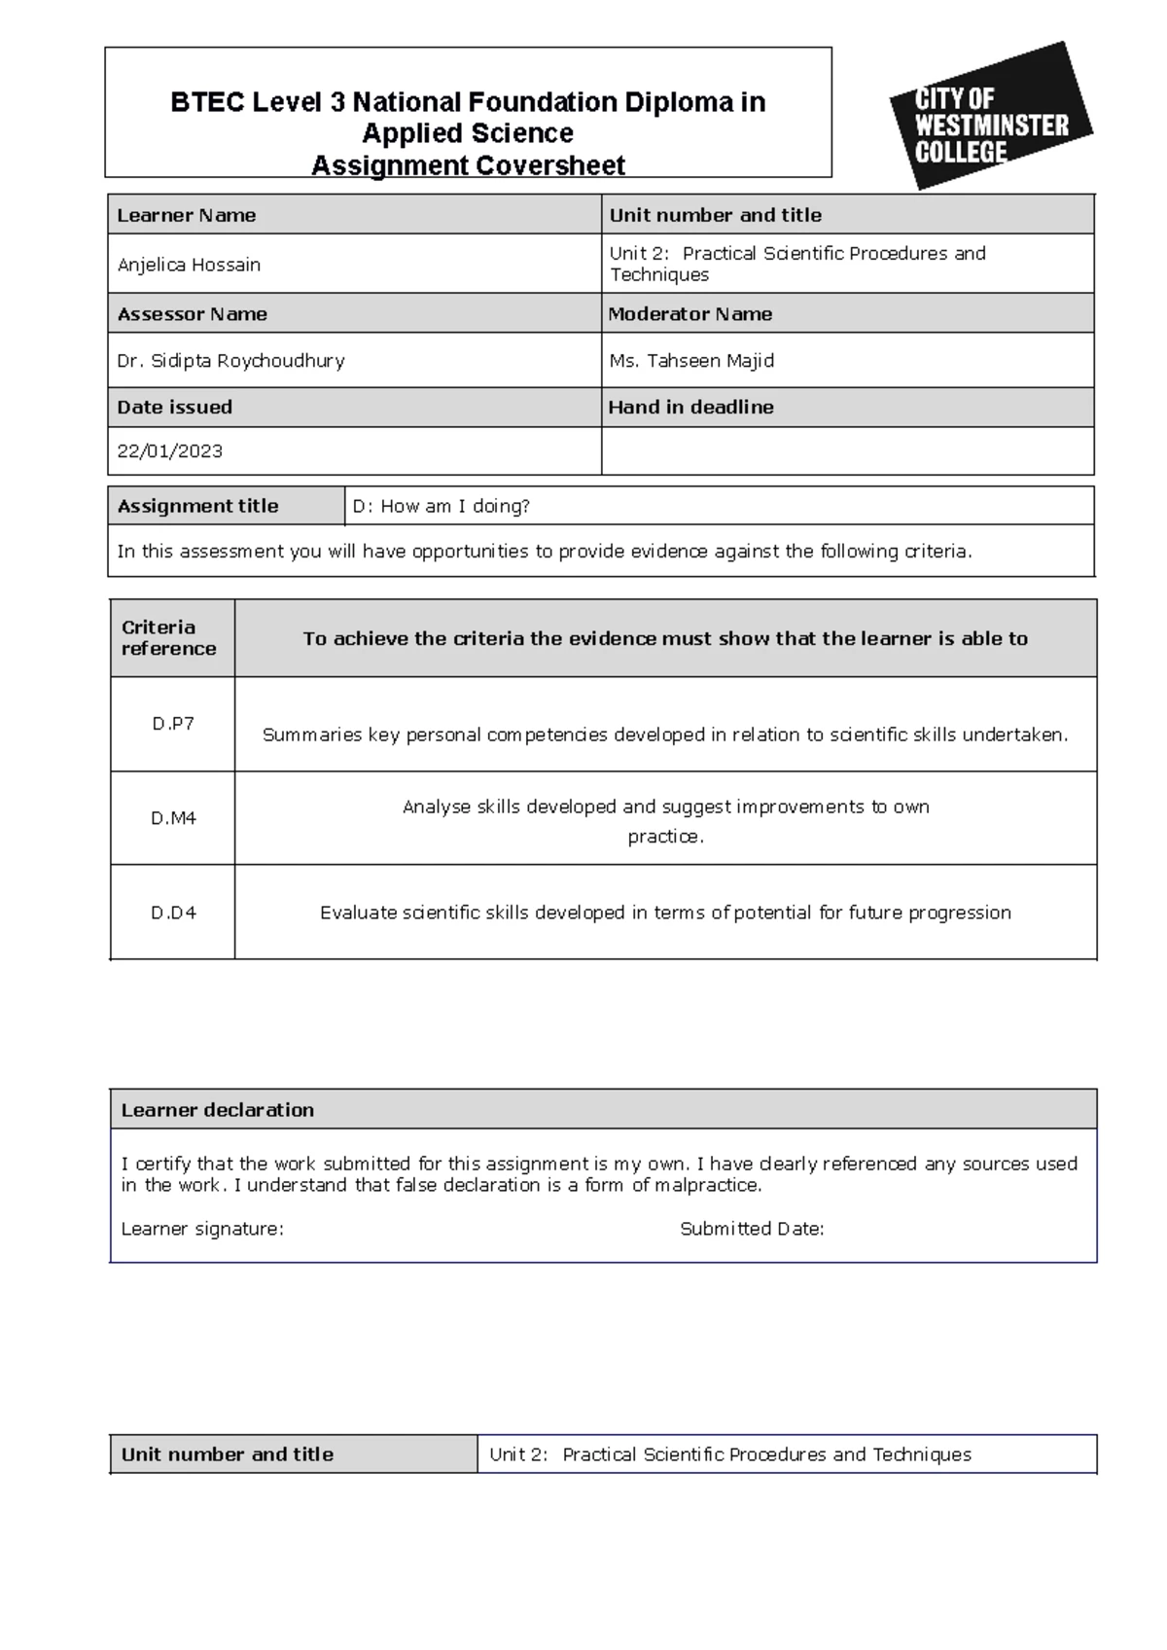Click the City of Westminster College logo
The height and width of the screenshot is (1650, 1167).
[990, 117]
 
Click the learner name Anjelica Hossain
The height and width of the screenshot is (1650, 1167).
[189, 265]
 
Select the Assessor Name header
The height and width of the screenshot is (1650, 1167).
[192, 314]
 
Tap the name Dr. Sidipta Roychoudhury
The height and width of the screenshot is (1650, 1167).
[230, 361]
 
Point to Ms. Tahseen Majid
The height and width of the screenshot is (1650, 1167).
[691, 361]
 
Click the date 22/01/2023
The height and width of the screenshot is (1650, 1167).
[169, 451]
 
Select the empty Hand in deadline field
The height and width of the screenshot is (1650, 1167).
[846, 451]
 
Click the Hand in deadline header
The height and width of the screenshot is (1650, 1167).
[690, 408]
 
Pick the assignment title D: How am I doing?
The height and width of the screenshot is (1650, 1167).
[441, 507]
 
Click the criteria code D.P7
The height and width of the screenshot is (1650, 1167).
[173, 724]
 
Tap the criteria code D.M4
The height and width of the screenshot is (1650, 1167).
[173, 818]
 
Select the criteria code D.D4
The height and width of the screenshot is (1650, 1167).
[173, 913]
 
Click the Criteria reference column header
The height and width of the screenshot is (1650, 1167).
[168, 638]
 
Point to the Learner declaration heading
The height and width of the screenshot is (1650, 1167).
[217, 1110]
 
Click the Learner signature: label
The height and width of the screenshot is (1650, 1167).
[202, 1229]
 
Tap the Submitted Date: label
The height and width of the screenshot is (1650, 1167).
[752, 1229]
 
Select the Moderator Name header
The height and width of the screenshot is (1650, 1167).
[690, 314]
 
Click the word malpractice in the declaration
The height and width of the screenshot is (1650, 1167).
[707, 1185]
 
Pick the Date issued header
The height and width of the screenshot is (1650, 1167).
[174, 408]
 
